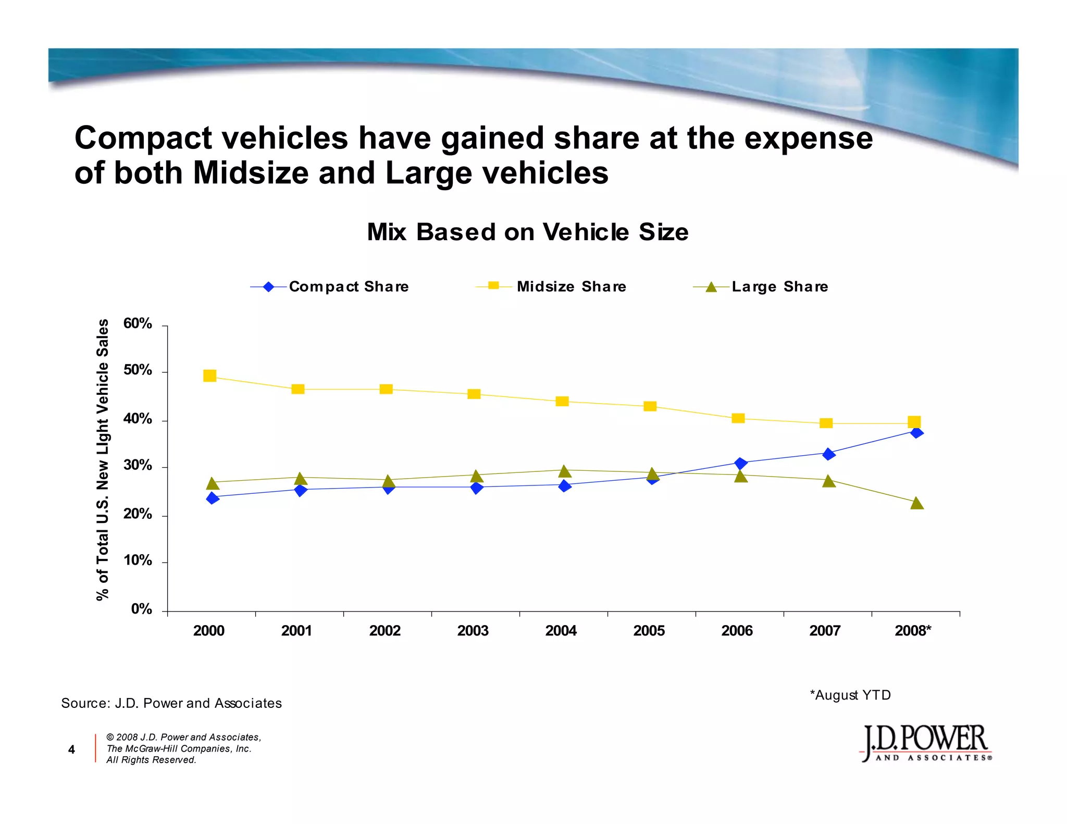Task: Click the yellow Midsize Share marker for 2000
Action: point(209,376)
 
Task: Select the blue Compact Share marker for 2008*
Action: point(917,432)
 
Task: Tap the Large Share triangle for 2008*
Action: point(917,503)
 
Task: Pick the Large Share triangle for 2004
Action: point(565,471)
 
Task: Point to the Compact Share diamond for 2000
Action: point(212,498)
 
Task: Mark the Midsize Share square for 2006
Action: point(738,418)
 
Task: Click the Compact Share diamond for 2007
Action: point(828,454)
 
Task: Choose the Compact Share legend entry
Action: point(329,286)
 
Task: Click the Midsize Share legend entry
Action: point(551,286)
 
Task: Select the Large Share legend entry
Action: point(761,286)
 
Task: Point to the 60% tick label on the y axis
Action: point(138,323)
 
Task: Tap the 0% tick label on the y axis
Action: point(141,609)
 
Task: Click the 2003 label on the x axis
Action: point(473,631)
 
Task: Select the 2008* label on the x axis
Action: point(913,631)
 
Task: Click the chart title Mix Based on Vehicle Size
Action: point(527,232)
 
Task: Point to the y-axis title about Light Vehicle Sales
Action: point(103,459)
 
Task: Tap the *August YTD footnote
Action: point(850,695)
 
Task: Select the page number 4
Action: point(71,749)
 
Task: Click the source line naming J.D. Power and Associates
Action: point(171,703)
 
